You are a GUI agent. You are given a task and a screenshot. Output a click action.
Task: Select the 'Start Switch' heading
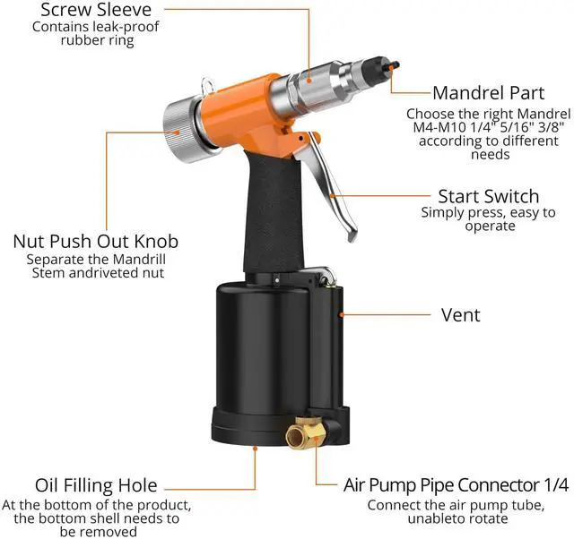[488, 196]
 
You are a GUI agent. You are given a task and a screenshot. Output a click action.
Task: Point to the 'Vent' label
[461, 315]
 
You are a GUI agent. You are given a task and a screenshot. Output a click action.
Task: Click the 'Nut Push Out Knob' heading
[95, 241]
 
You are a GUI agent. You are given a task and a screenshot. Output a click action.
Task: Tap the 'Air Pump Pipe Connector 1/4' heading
[457, 485]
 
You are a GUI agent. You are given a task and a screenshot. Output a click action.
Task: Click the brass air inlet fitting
[299, 436]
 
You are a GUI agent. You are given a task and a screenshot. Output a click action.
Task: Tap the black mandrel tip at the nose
[392, 63]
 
